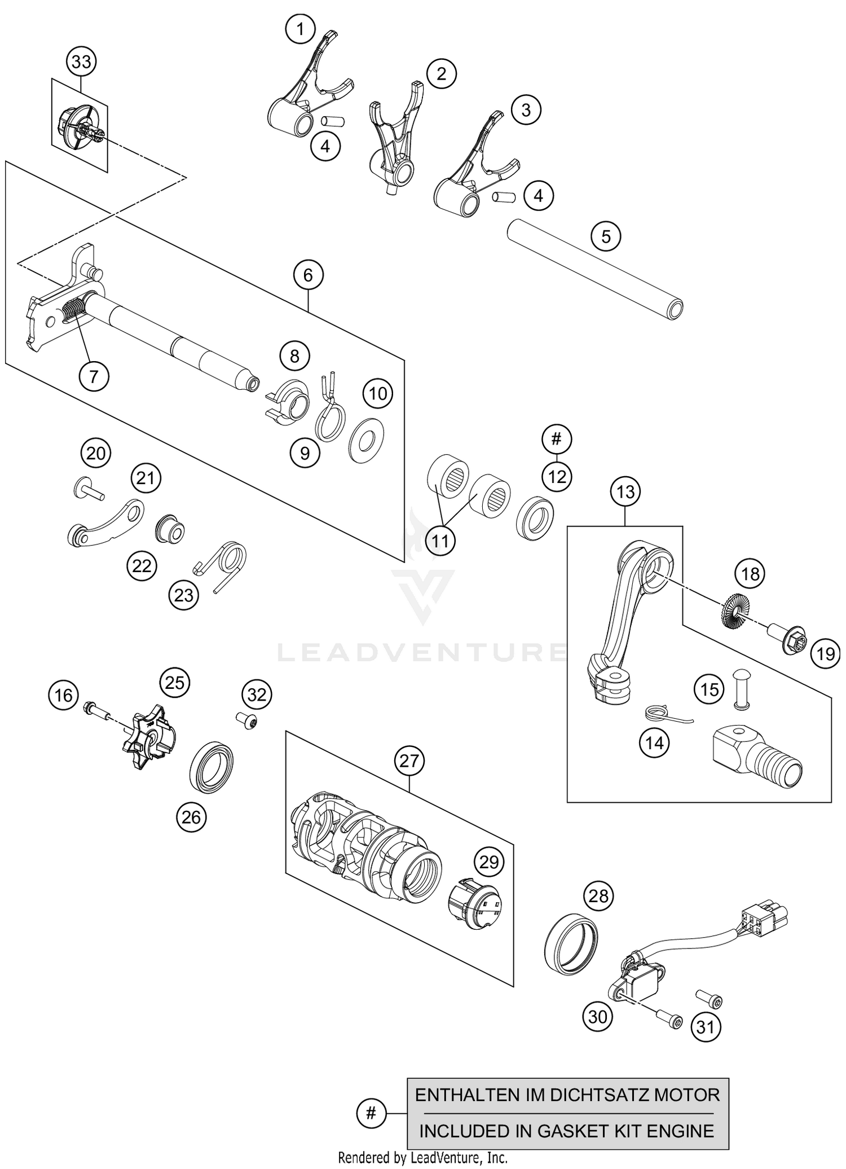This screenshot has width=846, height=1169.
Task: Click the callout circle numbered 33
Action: coord(81,61)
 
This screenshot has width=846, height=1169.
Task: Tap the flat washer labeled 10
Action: coord(367,440)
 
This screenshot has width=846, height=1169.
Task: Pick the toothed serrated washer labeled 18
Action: coord(735,609)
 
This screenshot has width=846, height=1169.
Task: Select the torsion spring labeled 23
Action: coord(226,562)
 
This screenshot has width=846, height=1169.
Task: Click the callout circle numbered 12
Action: coord(557,477)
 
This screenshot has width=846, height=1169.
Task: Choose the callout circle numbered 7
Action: coord(94,376)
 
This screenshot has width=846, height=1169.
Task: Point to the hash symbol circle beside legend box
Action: coord(371,1113)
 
